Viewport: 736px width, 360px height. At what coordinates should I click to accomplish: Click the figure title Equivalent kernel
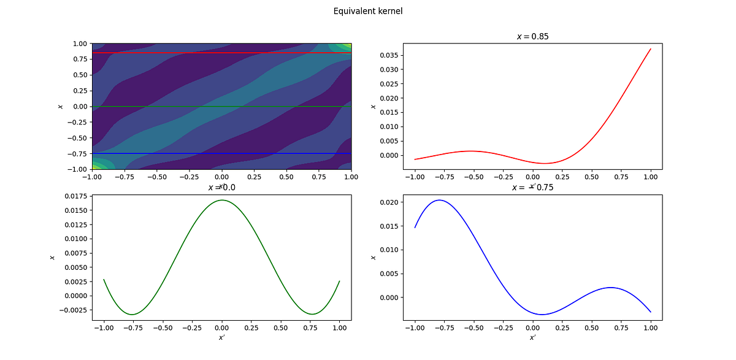(368, 11)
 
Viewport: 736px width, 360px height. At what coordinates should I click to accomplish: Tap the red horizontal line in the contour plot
(221, 53)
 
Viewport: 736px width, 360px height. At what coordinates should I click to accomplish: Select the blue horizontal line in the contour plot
(221, 153)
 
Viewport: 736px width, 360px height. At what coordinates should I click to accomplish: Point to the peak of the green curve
(222, 200)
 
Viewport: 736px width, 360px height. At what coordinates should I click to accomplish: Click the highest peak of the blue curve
(440, 200)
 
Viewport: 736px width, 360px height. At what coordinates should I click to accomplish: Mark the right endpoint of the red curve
(650, 49)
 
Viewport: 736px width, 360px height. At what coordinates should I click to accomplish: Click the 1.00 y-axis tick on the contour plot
(81, 44)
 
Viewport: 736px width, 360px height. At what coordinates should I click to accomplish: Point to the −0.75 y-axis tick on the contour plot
(79, 153)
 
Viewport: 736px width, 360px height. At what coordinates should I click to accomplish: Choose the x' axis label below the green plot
(221, 337)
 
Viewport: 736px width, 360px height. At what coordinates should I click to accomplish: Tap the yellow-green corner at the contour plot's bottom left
(96, 166)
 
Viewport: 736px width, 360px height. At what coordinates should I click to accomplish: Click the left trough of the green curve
(132, 314)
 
